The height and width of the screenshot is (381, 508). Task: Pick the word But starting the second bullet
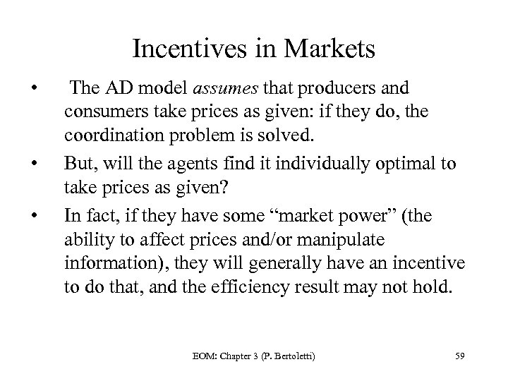pyautogui.click(x=77, y=164)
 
